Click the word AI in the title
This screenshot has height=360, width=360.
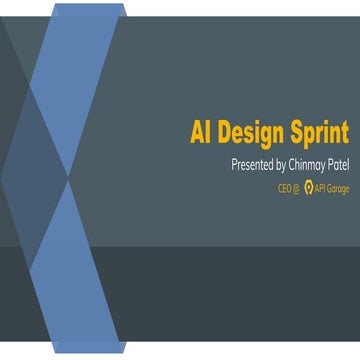[202, 133]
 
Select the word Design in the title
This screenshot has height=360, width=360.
[253, 133]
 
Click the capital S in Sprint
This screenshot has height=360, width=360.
[297, 133]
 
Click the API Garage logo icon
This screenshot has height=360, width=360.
[309, 188]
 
